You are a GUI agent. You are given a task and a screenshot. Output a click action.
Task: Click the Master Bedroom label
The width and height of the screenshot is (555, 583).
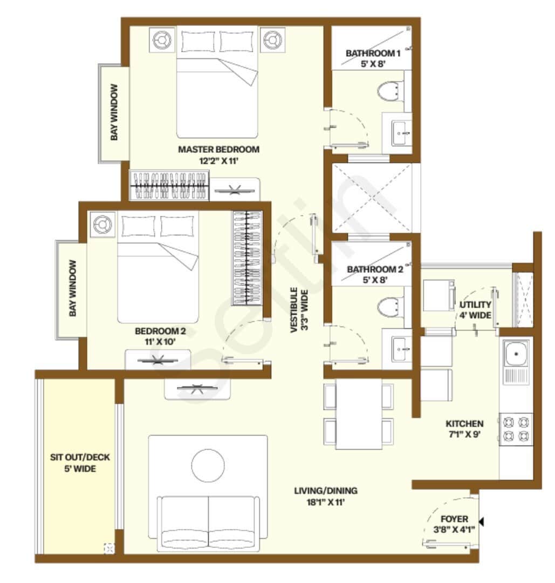coord(218,155)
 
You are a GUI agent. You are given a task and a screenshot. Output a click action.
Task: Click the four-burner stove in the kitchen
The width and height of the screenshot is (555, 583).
coord(516,429)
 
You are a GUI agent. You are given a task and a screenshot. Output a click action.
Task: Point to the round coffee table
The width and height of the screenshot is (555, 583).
coord(208,465)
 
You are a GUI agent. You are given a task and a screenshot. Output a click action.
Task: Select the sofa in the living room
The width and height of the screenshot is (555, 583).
coord(208,524)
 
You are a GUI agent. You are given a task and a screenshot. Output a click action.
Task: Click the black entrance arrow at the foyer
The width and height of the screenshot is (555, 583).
coord(482,522)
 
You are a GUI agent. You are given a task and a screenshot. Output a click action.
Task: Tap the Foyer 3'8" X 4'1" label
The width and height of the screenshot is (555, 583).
coord(454,524)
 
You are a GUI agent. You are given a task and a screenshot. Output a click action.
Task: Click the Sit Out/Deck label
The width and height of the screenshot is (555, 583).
coord(80,463)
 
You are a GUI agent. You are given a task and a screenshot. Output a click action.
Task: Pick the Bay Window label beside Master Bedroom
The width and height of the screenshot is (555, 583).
coord(114,112)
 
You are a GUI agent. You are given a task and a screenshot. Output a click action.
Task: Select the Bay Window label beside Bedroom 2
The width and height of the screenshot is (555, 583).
coord(73,288)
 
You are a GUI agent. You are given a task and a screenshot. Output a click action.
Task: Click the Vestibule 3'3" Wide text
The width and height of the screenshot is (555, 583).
coord(299,310)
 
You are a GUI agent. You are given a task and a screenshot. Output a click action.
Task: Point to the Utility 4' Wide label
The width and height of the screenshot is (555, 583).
coord(476,310)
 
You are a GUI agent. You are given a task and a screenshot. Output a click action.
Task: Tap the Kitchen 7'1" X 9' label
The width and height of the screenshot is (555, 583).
coord(464,429)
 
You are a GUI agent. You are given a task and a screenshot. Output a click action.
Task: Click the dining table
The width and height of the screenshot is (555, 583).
coord(359,413)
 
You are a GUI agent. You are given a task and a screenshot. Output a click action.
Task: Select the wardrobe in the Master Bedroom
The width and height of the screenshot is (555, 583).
coord(169,185)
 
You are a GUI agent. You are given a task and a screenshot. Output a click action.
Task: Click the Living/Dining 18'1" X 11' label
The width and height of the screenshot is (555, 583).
coord(326,497)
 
